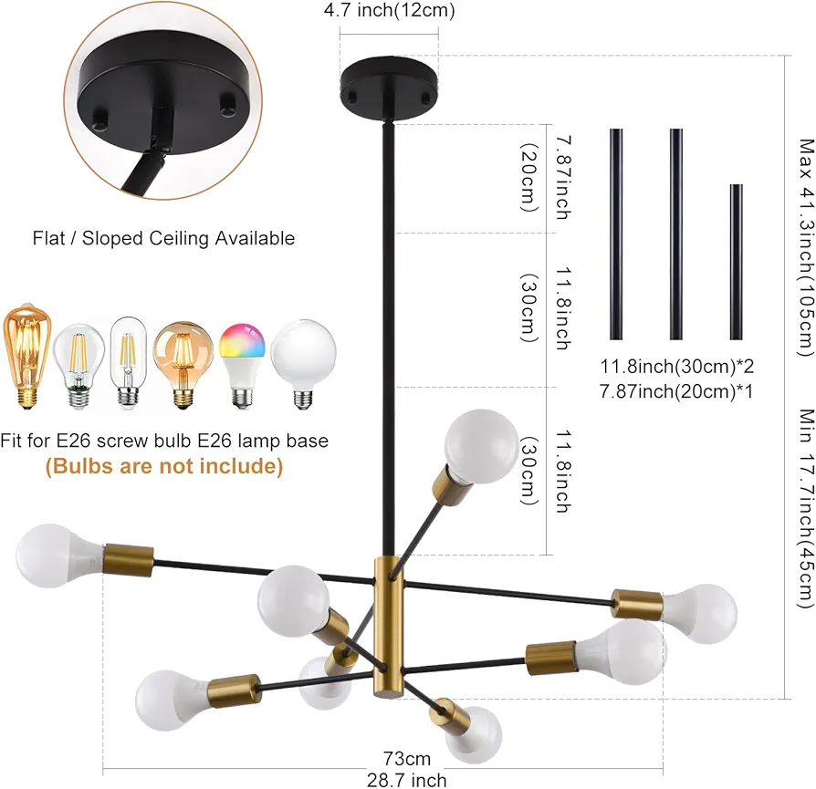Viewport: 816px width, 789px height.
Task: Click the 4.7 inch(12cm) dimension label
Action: pyautogui.click(x=389, y=10)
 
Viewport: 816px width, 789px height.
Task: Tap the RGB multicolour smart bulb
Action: pyautogui.click(x=242, y=365)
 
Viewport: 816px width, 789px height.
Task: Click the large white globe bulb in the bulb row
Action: pyautogui.click(x=303, y=364)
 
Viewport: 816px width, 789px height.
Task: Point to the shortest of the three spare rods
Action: pyautogui.click(x=736, y=262)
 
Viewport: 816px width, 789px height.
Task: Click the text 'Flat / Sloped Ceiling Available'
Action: pyautogui.click(x=163, y=238)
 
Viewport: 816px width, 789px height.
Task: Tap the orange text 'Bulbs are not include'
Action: pyautogui.click(x=164, y=465)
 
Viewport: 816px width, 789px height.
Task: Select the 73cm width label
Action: pyautogui.click(x=407, y=759)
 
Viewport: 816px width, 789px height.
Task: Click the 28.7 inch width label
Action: pyautogui.click(x=407, y=780)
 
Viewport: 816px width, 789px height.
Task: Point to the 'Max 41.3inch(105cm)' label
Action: pyautogui.click(x=806, y=247)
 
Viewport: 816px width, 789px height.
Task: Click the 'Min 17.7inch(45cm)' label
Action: pyautogui.click(x=806, y=508)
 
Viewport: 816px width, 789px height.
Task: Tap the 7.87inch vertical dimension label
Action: pyautogui.click(x=563, y=178)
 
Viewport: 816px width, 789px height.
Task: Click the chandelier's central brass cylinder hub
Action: pyautogui.click(x=388, y=628)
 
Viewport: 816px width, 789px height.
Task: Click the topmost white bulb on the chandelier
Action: pyautogui.click(x=481, y=446)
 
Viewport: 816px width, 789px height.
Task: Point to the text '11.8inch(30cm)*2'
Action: pyautogui.click(x=677, y=366)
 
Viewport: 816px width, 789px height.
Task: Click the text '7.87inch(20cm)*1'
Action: pyautogui.click(x=676, y=391)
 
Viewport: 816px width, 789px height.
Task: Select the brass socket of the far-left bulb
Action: pyautogui.click(x=129, y=560)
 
